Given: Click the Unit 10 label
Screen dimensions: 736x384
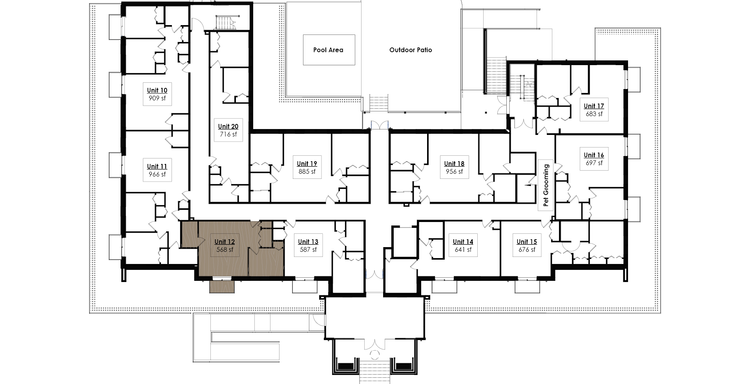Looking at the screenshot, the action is (x=157, y=91).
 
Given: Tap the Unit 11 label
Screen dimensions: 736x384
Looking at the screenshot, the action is (x=157, y=167).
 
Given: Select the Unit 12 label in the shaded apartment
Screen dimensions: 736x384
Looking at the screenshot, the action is (x=225, y=242).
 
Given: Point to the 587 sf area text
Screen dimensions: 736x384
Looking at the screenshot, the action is (x=308, y=250).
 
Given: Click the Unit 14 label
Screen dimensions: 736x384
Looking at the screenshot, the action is (x=463, y=242).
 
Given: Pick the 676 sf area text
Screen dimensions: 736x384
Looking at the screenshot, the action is (x=527, y=250).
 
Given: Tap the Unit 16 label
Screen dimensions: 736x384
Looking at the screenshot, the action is (x=594, y=155).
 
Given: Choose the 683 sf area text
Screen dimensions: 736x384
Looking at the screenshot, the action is (x=594, y=114).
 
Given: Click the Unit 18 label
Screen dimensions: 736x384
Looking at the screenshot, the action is (x=454, y=164).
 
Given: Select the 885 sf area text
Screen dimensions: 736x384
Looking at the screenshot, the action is (x=307, y=172).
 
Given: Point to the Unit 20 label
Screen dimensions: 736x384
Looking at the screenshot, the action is (x=228, y=127).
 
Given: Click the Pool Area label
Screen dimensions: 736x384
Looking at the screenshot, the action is (x=328, y=50).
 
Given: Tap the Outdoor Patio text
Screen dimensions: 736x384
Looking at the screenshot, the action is (x=411, y=50).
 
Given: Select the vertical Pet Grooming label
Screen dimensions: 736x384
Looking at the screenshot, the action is (x=546, y=186).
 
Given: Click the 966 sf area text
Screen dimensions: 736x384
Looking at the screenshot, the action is (x=157, y=175).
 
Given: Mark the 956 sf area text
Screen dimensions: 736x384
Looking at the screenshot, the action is (x=454, y=172).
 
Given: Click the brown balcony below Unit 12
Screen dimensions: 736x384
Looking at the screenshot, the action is (x=222, y=286).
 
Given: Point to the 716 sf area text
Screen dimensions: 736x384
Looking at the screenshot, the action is (x=228, y=135).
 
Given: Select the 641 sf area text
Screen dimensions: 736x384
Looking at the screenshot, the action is (x=463, y=250).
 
